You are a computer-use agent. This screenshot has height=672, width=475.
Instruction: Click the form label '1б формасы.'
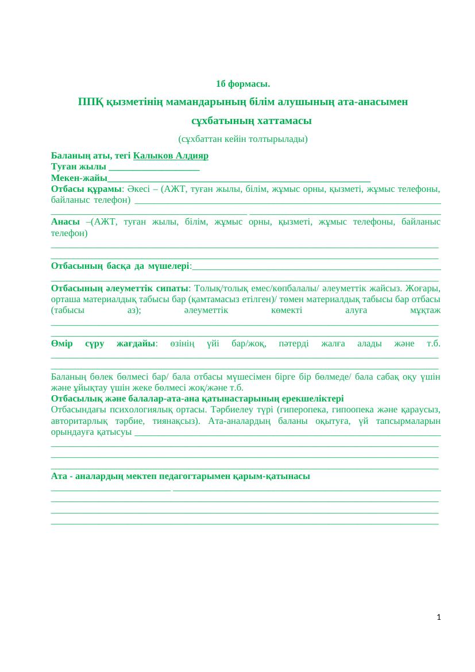pyautogui.click(x=243, y=84)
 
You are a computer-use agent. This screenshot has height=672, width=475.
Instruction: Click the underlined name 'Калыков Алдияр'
pyautogui.click(x=171, y=156)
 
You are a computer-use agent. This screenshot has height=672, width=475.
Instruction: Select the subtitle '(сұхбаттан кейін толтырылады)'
pyautogui.click(x=243, y=139)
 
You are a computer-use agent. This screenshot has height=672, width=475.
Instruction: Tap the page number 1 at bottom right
pyautogui.click(x=439, y=617)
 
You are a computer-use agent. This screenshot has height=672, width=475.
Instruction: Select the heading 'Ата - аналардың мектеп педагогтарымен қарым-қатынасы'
pyautogui.click(x=180, y=477)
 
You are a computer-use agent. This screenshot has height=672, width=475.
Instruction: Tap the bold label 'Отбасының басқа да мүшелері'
pyautogui.click(x=120, y=266)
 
